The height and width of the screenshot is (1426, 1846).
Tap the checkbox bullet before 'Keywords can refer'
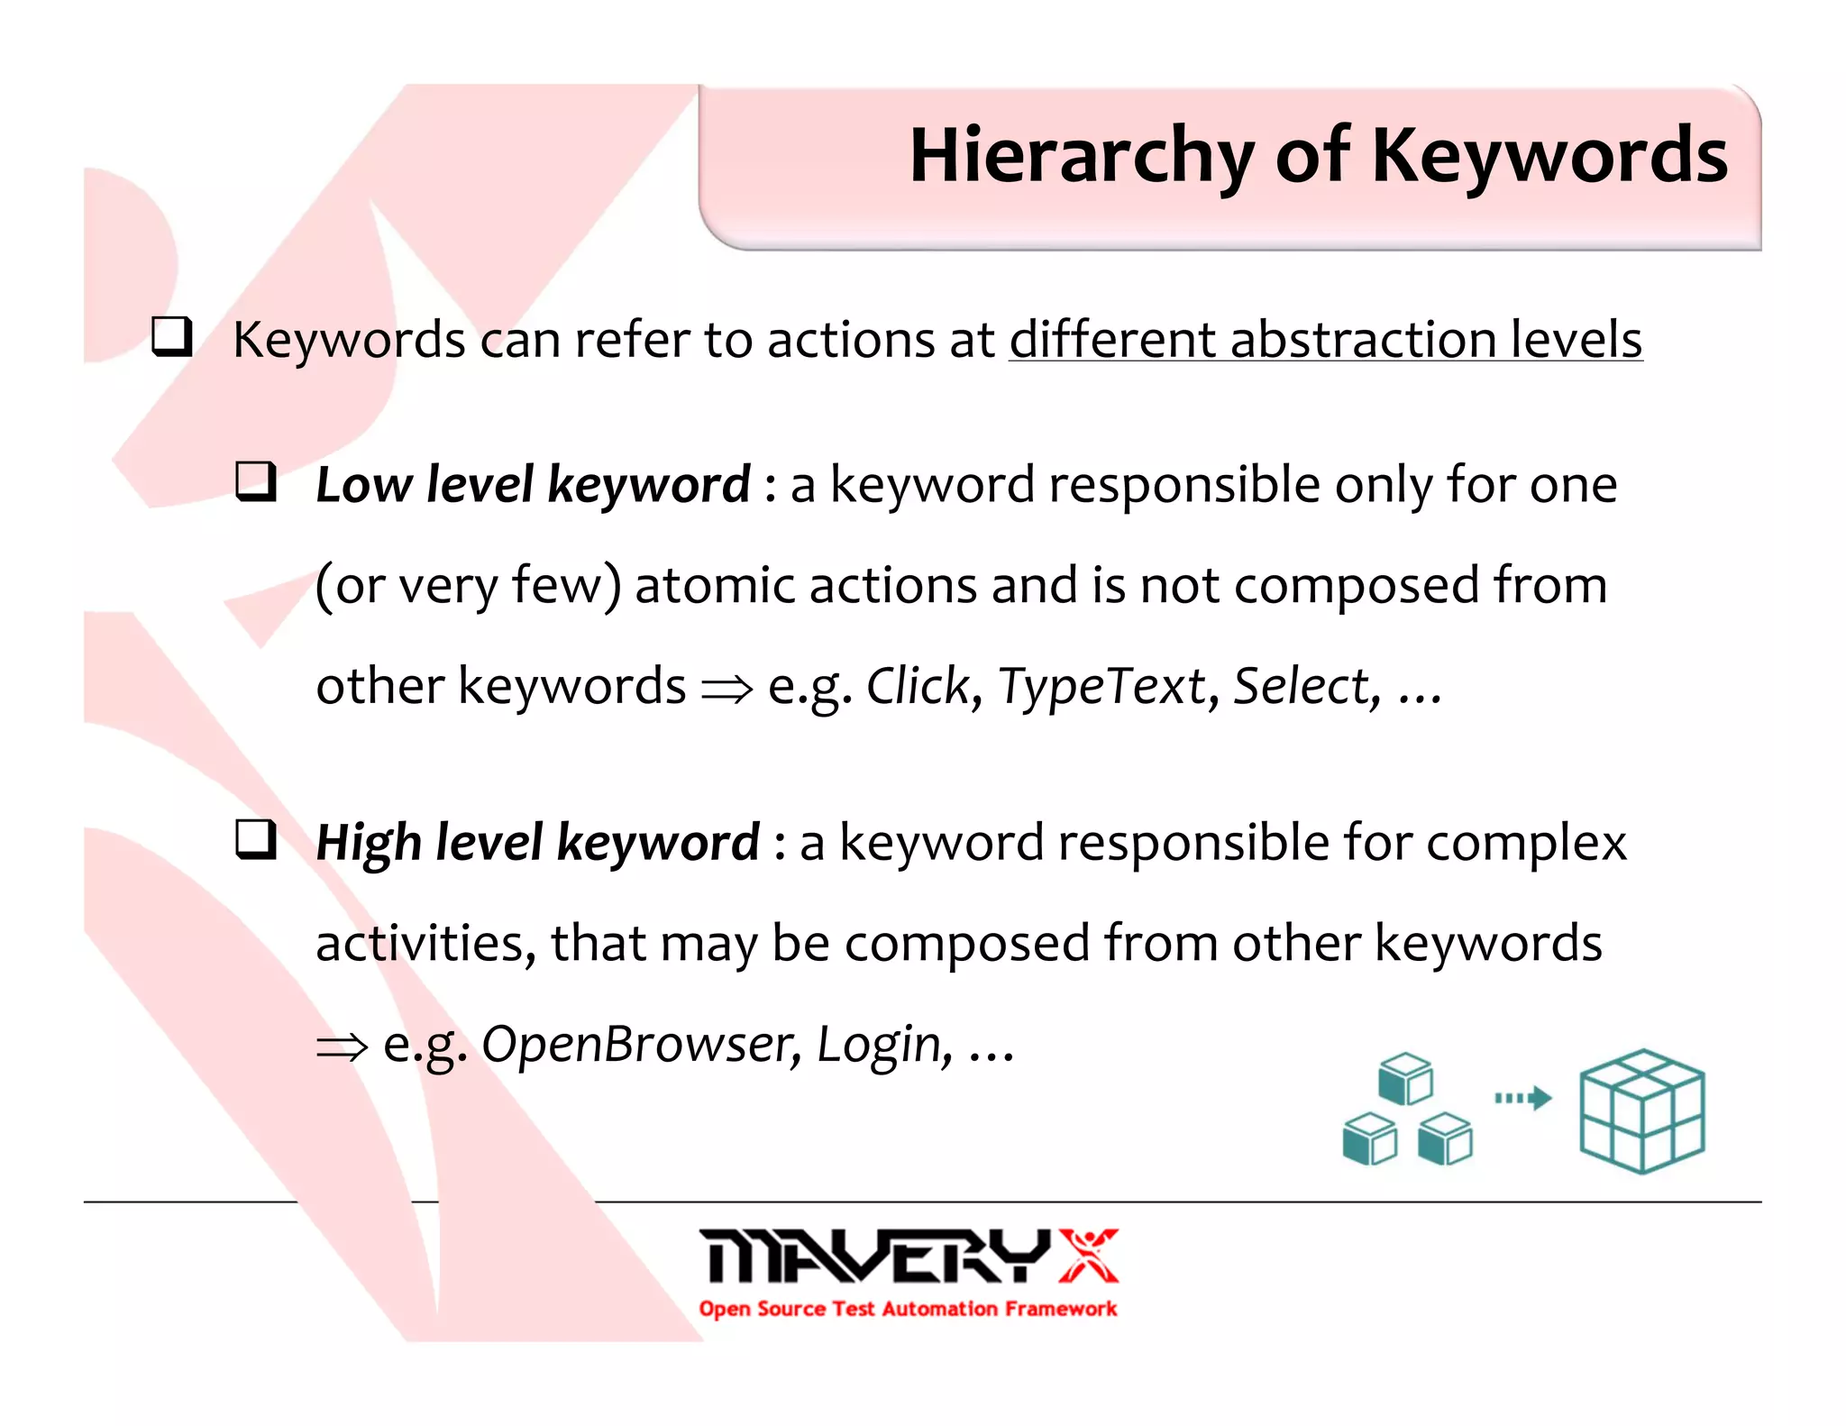(171, 337)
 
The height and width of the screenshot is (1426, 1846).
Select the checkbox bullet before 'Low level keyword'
(255, 481)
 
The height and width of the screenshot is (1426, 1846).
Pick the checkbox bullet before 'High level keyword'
(255, 839)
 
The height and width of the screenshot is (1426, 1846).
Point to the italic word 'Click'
(918, 686)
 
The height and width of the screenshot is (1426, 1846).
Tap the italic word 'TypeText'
(1101, 686)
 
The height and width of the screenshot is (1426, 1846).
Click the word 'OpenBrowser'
(636, 1045)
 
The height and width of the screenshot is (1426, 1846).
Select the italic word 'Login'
(878, 1045)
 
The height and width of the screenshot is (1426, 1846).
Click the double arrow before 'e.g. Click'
(727, 690)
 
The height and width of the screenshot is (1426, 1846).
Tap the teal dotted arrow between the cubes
(1522, 1098)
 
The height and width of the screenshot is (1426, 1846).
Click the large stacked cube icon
(1641, 1111)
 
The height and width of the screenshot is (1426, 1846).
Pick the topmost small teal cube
(1404, 1078)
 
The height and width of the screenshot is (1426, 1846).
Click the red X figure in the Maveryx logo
(1088, 1255)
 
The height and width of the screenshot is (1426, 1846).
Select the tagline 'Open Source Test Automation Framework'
(908, 1309)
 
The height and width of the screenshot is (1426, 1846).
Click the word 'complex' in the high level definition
(1525, 844)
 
